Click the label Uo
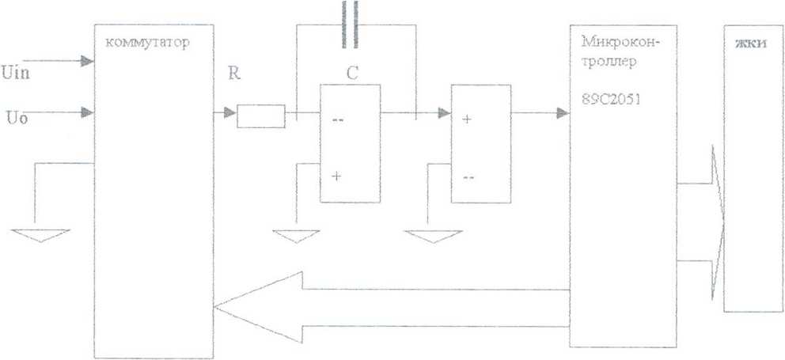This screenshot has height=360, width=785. [17, 119]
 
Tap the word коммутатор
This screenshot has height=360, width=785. [148, 43]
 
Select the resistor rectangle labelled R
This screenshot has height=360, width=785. [261, 116]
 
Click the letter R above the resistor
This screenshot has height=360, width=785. [233, 74]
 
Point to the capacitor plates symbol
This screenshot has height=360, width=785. [350, 24]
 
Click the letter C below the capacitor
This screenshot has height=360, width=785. [352, 74]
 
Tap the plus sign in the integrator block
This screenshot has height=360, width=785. [336, 176]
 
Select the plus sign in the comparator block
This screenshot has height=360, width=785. [467, 119]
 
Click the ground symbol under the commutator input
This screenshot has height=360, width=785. [40, 235]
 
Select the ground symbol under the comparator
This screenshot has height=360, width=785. [433, 237]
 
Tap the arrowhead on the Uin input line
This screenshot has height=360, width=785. [88, 61]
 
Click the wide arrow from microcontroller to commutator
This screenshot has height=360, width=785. [392, 308]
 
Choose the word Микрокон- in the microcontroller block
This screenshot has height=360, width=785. [620, 42]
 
